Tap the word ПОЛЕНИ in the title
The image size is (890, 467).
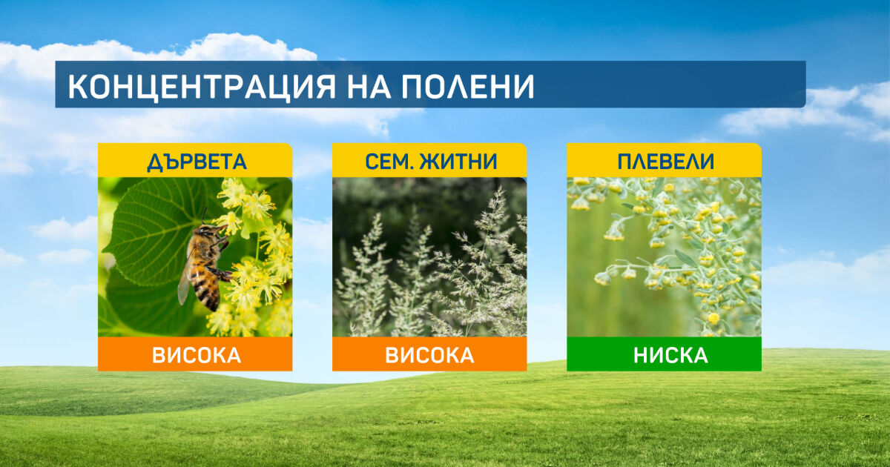(467, 87)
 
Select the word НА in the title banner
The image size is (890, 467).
(369, 87)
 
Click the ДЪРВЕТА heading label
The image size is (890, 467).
(197, 162)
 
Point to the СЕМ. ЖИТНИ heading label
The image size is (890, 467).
(431, 162)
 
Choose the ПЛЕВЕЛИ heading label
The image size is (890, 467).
(666, 162)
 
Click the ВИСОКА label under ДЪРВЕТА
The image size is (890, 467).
(197, 355)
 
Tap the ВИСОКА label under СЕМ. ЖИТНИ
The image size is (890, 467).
(429, 355)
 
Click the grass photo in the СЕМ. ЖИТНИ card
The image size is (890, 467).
(429, 257)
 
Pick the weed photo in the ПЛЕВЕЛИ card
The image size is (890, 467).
(664, 257)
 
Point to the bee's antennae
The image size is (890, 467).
(204, 216)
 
